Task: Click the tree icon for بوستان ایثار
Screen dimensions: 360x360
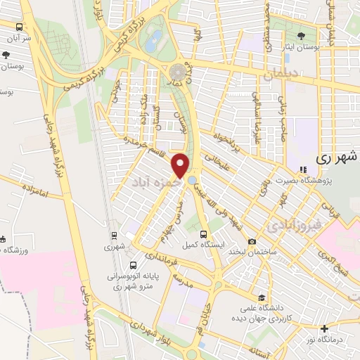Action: click(x=302, y=34)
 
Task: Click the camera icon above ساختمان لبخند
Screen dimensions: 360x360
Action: click(x=252, y=242)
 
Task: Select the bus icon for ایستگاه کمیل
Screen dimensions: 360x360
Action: click(x=203, y=235)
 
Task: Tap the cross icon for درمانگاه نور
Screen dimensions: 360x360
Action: click(x=324, y=328)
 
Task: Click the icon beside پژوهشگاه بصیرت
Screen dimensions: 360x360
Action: click(x=303, y=169)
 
